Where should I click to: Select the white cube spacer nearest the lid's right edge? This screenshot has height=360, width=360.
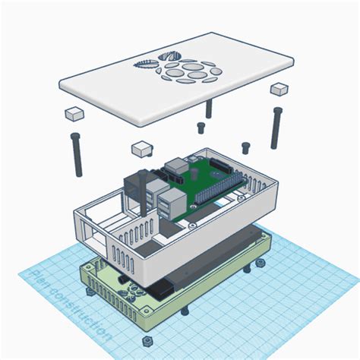click(279, 89)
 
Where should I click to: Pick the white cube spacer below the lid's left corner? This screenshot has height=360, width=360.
click(73, 114)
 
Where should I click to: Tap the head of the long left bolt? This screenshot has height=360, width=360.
click(76, 137)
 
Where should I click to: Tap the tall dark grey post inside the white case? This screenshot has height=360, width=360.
click(141, 191)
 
